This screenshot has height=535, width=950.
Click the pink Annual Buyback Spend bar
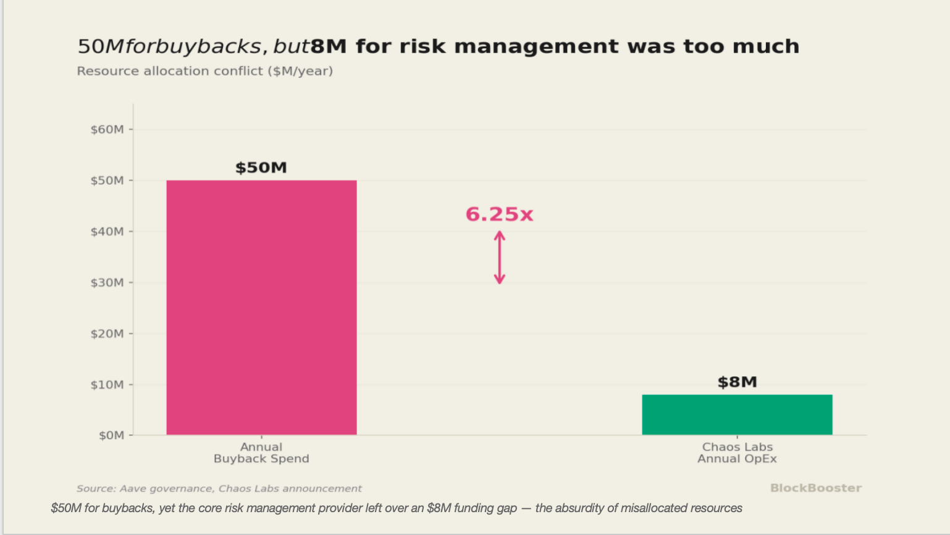pos(261,308)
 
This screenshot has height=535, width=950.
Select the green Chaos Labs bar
pos(737,415)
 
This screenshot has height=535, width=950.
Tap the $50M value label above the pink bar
pos(261,167)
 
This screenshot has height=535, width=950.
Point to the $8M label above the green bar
pos(737,382)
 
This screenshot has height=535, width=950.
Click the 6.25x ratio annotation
pos(499,214)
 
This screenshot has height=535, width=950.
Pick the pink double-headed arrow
pos(500,257)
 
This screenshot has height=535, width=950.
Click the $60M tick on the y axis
pos(107,129)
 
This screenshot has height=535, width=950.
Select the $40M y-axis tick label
pos(107,232)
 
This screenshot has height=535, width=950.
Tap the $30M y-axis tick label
pos(107,282)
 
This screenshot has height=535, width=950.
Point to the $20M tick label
pos(107,334)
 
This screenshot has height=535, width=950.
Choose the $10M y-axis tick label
pos(107,385)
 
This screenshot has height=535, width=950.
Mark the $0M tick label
pos(112,436)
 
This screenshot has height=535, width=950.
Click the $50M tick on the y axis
pos(107,181)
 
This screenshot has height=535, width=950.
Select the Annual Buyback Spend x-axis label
pos(261,453)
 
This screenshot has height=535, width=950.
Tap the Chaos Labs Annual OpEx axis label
pos(737,453)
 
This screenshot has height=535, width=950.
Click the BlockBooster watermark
pos(816,488)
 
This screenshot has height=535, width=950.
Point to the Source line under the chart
pos(219,489)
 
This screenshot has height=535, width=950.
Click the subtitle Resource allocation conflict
pos(205,71)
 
